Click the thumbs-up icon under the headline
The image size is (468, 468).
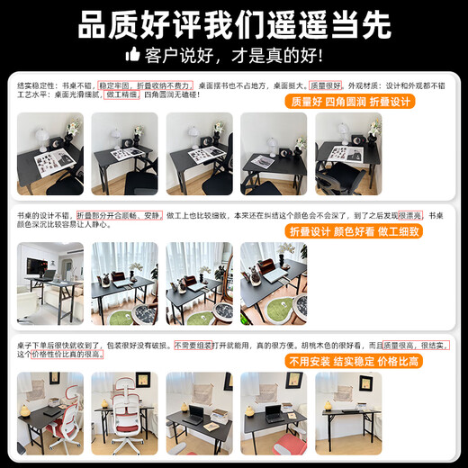[134, 56]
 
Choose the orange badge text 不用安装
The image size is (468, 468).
[310, 361]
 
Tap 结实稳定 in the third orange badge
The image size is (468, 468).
[358, 361]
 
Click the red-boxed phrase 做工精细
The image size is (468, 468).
[121, 94]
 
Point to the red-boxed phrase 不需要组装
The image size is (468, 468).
[193, 345]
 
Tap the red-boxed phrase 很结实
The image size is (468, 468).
[436, 345]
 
